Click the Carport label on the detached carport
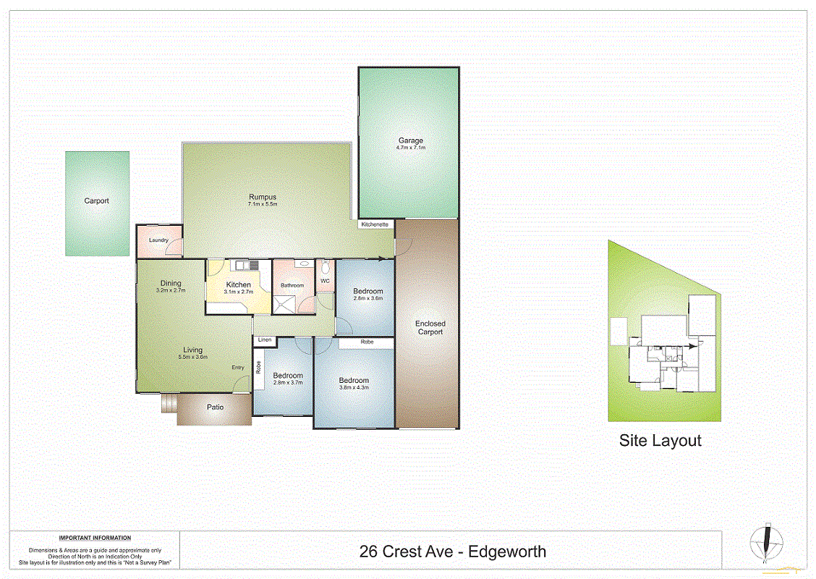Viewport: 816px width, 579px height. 96,200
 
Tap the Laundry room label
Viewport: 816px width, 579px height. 158,240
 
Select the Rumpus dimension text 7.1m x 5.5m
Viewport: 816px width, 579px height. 263,204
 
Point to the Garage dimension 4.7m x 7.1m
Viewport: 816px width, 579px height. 410,148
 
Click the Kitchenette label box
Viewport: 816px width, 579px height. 375,224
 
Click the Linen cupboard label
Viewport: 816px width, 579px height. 264,339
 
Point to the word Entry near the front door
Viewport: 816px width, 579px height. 238,368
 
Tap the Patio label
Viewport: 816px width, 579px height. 215,407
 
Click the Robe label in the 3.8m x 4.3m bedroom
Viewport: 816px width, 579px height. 367,342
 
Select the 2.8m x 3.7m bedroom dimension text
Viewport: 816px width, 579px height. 287,384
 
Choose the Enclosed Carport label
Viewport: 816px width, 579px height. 430,328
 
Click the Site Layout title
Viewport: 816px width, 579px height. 660,440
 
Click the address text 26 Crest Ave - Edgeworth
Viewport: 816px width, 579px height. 452,552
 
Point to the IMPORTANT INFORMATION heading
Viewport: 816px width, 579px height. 95,538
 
